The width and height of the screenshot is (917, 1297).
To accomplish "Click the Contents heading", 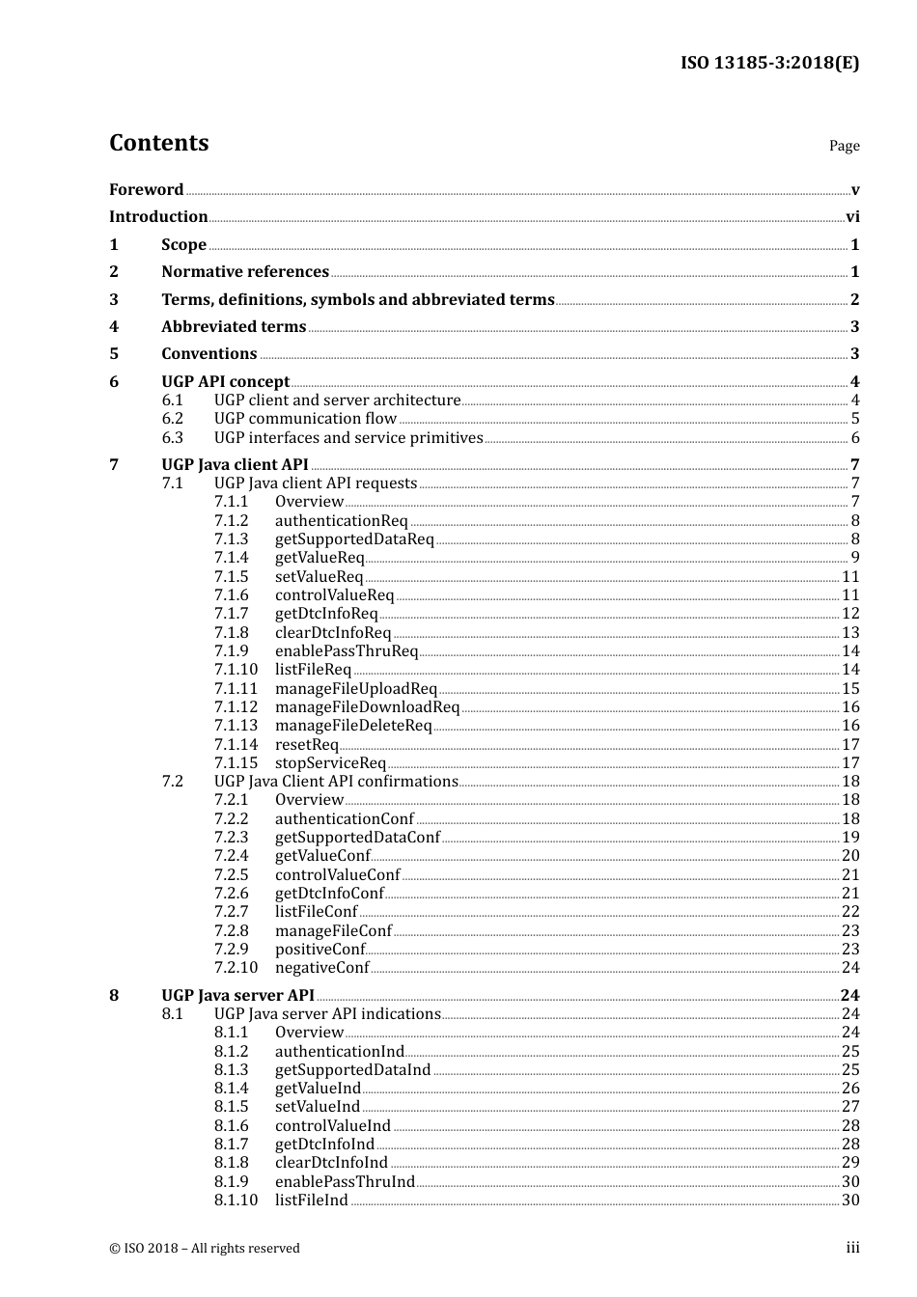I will (x=158, y=143).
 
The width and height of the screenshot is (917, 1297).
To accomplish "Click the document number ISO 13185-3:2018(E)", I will (x=769, y=64).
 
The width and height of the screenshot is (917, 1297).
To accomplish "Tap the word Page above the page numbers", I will (x=844, y=146).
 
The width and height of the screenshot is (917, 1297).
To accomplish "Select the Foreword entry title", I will (x=146, y=190).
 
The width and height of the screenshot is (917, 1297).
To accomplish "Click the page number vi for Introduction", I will (x=852, y=217).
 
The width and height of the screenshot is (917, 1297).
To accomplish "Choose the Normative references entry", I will (x=245, y=272).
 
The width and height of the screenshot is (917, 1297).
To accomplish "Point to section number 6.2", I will (x=173, y=419).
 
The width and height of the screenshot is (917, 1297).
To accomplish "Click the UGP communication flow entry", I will (x=305, y=419).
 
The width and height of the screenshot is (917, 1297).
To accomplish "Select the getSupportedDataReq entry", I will (x=354, y=539).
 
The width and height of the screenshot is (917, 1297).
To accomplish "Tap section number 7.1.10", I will (x=236, y=670).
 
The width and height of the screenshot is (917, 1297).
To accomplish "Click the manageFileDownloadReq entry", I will (x=367, y=707).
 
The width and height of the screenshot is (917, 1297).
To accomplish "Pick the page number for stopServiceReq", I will (x=850, y=763).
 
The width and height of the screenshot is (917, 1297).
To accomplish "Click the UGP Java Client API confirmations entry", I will (x=336, y=782).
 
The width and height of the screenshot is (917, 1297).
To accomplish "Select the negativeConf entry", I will (x=321, y=968).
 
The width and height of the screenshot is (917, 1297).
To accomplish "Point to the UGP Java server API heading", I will (x=237, y=996).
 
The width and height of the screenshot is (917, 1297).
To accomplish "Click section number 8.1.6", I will (x=231, y=1126).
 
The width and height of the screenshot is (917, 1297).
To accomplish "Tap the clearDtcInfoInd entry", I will (x=331, y=1163).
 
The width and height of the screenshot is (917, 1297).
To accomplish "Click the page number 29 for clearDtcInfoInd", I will (x=850, y=1163).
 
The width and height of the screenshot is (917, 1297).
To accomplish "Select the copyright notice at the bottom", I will (x=205, y=1249).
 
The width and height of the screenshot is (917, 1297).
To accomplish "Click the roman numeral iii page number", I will (x=852, y=1248).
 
